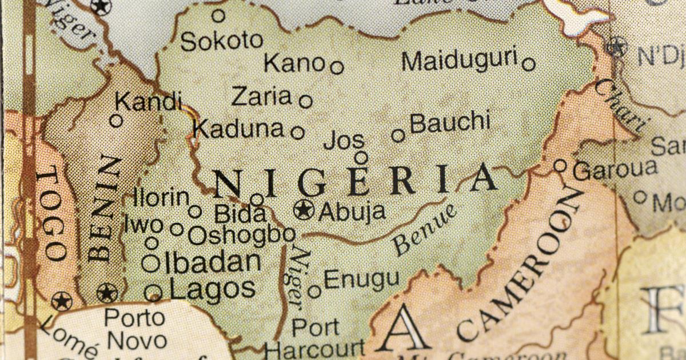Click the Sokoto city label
coord(222,41)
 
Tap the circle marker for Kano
coord(337,67)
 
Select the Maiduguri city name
coord(459,61)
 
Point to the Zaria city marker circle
coord(306,101)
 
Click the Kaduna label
coord(238,129)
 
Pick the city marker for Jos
coord(361,157)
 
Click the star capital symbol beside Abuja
coord(304,210)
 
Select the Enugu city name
coord(361,280)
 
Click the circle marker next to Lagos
coord(153,293)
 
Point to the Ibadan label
coord(213,262)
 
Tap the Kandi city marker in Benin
coord(116,121)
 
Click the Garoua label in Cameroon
coord(615,169)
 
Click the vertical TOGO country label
coord(50,214)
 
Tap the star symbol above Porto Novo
coord(107,293)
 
